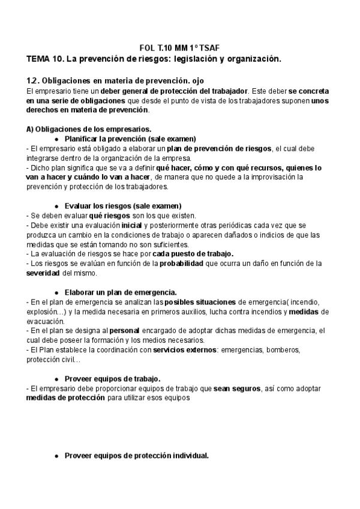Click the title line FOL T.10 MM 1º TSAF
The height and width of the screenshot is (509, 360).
[180, 47]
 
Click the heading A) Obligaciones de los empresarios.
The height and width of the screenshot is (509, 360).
[89, 128]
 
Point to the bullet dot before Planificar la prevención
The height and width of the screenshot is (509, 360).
[56, 139]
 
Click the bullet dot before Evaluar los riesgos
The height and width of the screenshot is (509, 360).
[56, 206]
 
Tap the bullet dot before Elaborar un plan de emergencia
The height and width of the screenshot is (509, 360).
[56, 292]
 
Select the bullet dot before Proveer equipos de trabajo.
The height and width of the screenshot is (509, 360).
[56, 379]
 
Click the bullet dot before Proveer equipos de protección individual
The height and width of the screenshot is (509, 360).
[56, 456]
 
